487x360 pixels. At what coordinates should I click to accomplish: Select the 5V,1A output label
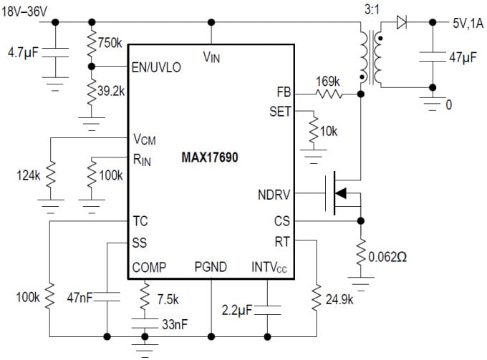point(467,23)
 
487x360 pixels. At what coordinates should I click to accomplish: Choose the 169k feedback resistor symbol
point(329,93)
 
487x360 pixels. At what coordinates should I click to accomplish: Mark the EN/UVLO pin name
point(157,67)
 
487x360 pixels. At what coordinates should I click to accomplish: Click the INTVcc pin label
point(269,268)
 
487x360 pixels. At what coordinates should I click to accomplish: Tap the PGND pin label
point(211,268)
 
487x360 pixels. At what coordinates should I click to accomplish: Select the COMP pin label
point(149,268)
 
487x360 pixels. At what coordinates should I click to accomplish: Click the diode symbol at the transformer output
point(402,22)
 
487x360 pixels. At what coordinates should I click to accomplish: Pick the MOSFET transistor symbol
point(342,193)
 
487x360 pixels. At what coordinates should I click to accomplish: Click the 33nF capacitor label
point(174,324)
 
